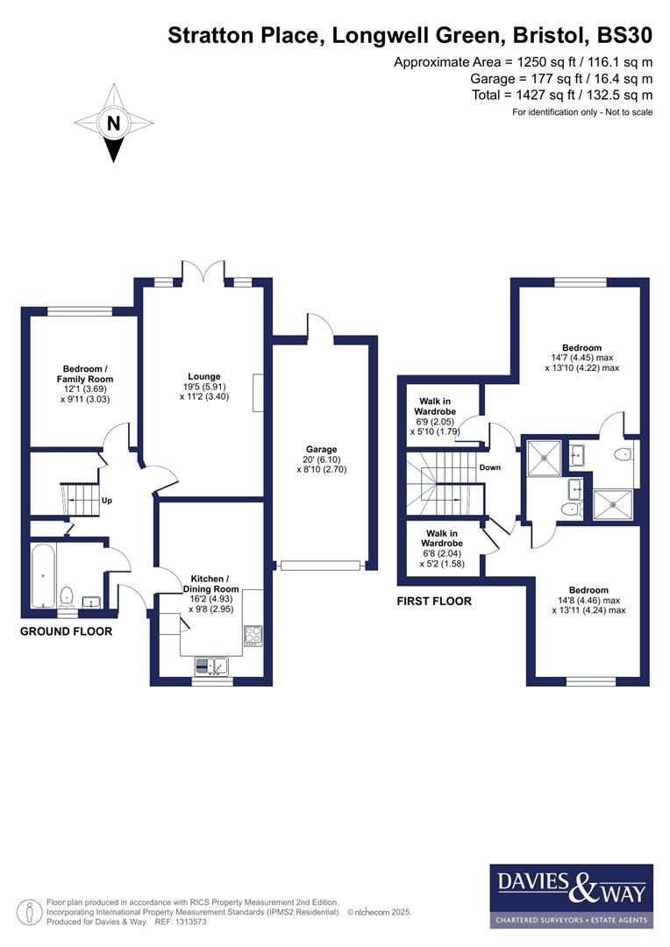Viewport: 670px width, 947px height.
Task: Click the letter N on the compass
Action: [112, 124]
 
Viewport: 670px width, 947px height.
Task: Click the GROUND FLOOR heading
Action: [66, 631]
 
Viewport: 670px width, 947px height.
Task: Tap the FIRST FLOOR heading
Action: [434, 602]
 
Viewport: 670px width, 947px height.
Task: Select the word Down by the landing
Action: [489, 467]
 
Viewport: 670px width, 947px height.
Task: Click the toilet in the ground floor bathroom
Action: [67, 597]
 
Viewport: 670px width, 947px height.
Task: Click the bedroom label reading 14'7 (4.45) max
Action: [582, 358]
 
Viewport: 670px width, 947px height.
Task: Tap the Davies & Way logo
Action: [571, 895]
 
